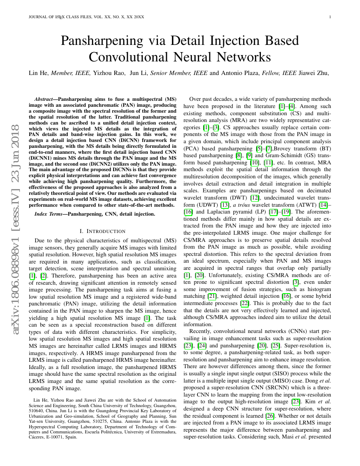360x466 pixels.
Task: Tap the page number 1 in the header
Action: pos(330,17)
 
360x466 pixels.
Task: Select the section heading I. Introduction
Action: pos(102,231)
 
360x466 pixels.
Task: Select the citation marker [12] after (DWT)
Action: pos(255,198)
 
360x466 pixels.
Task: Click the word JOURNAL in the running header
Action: pos(37,17)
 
